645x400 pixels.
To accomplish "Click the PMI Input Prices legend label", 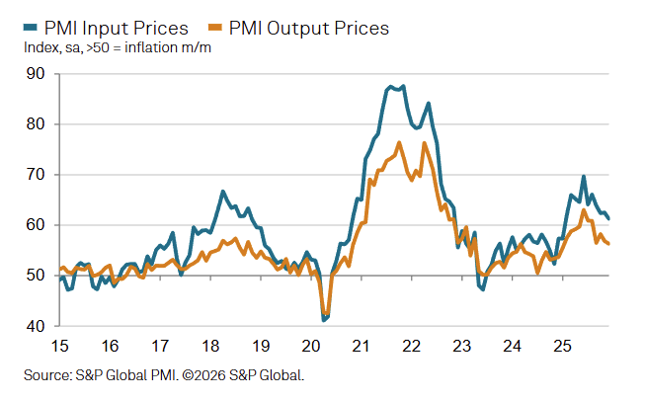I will [117, 28].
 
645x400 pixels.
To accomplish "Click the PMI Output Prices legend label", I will [309, 28].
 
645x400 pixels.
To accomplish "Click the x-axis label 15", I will [59, 347].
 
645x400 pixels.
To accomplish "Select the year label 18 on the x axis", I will [210, 347].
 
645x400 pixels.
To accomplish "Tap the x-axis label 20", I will [311, 347].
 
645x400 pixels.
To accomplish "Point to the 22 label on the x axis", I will [412, 347].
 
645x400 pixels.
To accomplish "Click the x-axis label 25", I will [562, 347].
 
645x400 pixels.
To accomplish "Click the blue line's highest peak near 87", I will [391, 87].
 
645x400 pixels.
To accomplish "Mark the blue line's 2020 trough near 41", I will [323, 320].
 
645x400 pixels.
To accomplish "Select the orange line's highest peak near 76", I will [399, 143].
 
